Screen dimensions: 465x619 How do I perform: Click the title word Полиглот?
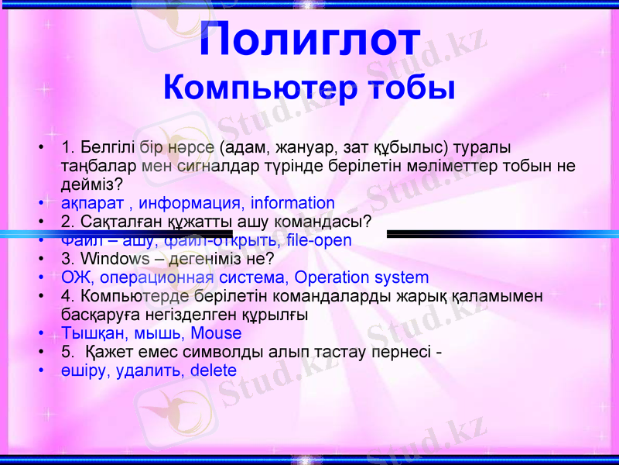point(309,40)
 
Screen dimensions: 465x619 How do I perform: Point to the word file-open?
point(318,240)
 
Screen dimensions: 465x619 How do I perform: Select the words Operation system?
point(362,277)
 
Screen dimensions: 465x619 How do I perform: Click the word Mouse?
point(216,334)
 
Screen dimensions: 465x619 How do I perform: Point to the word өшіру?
point(85,370)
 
